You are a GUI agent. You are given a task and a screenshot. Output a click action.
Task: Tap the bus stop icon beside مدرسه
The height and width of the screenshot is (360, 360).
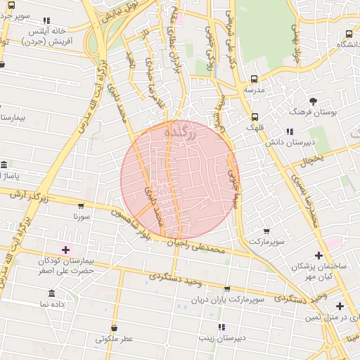click(254, 79)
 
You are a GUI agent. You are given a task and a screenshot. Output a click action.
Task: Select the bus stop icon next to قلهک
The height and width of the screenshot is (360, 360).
click(254, 117)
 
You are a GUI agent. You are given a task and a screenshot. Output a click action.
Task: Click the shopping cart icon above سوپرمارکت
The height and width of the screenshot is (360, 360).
click(266, 231)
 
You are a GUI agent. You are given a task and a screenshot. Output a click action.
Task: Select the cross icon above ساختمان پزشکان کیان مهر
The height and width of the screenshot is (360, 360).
click(319, 255)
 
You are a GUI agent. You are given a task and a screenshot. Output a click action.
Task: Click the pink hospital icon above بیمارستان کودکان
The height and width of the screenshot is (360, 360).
click(66, 250)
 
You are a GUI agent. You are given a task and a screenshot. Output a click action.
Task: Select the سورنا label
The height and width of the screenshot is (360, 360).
click(82, 217)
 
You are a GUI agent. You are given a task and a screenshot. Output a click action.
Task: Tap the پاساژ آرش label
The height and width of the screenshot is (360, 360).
click(21, 174)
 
